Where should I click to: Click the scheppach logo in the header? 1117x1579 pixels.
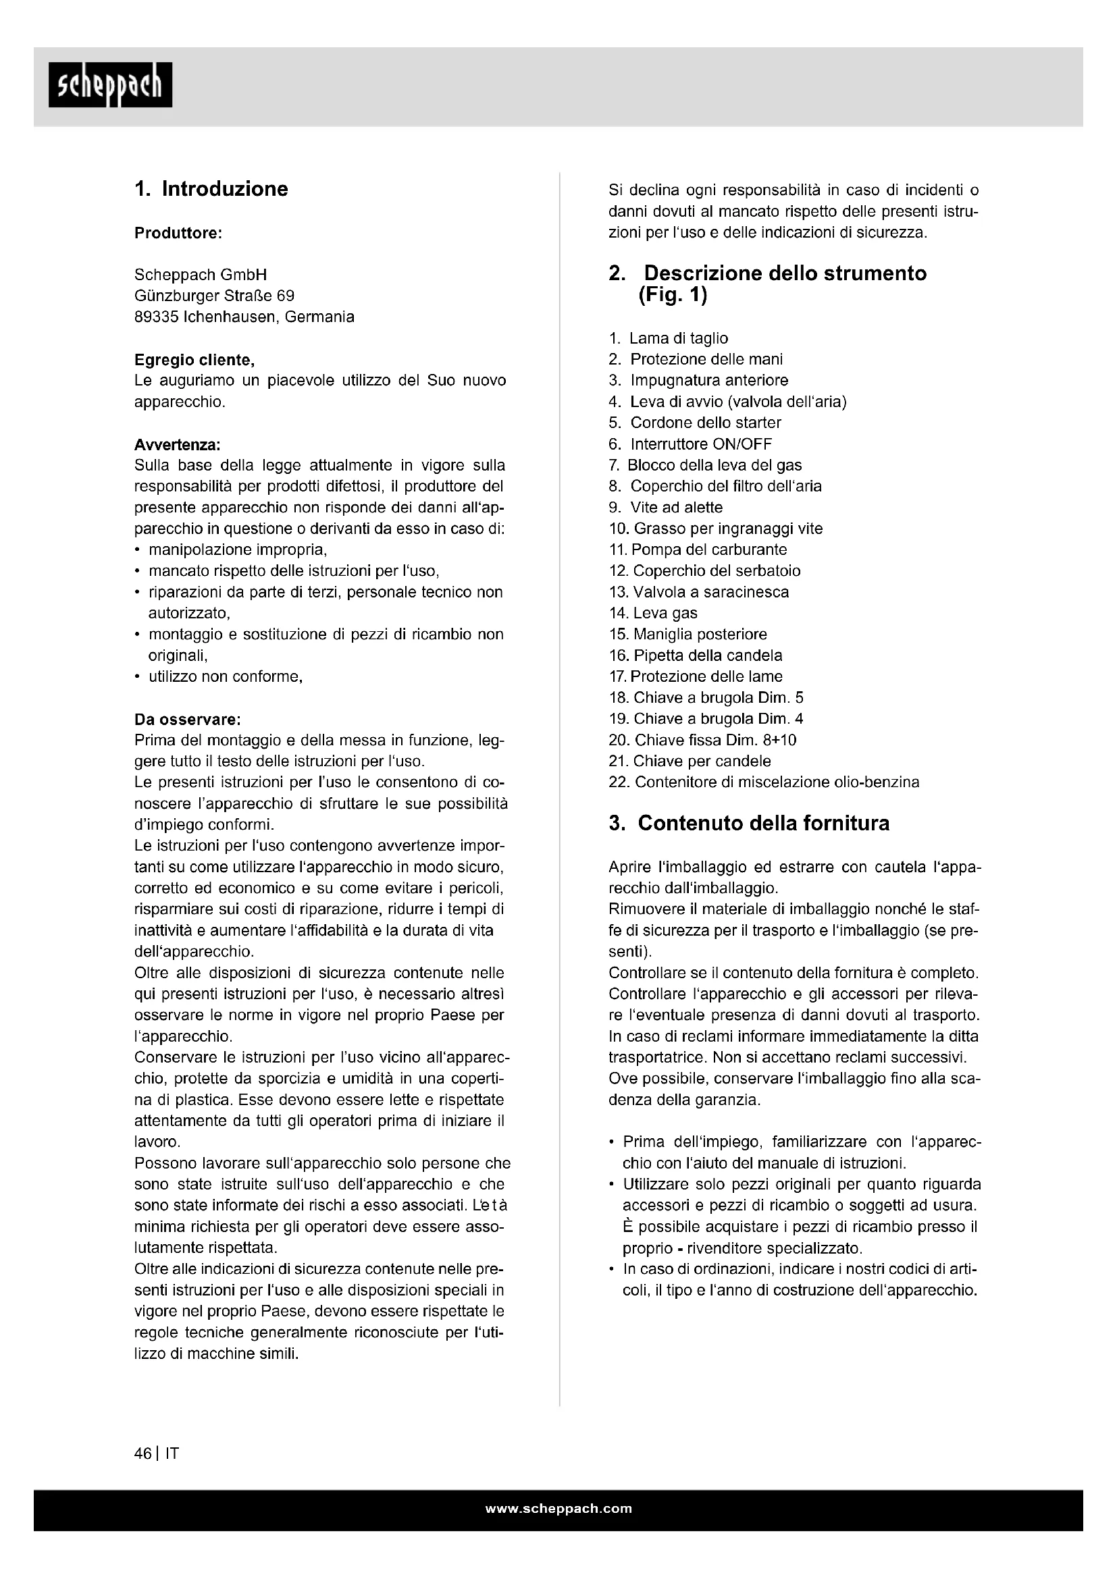click(110, 85)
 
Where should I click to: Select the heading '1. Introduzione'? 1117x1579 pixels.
click(211, 189)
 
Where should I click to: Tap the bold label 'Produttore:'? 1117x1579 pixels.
click(178, 233)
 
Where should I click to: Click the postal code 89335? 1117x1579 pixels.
click(156, 317)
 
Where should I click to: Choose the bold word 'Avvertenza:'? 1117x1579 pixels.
click(177, 445)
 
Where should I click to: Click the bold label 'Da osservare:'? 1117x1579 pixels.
click(187, 720)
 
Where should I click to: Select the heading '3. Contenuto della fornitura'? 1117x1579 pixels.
click(749, 823)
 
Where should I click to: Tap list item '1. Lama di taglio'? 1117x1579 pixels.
click(668, 338)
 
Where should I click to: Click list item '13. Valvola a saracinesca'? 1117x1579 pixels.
click(699, 592)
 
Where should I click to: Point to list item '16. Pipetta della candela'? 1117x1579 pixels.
click(696, 655)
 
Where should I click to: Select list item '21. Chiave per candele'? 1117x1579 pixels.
click(690, 761)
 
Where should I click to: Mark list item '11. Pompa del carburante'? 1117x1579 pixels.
click(698, 550)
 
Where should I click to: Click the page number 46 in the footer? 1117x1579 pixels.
click(143, 1454)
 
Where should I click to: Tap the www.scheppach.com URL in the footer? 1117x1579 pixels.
click(558, 1509)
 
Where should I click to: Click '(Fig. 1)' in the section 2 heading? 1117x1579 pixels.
click(672, 296)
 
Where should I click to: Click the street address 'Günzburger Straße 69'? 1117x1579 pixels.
click(214, 296)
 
